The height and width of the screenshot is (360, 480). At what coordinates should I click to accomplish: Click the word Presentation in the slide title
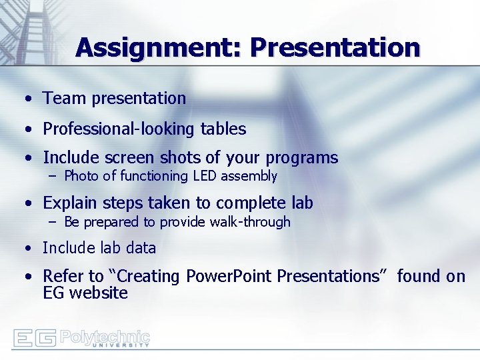[x=335, y=48]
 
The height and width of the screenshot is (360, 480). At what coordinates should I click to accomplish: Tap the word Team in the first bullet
[x=65, y=99]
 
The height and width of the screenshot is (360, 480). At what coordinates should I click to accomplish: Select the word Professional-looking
[x=119, y=129]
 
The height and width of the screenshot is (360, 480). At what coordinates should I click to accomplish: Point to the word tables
[x=223, y=129]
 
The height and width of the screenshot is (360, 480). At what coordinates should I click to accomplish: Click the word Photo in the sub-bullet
[x=80, y=176]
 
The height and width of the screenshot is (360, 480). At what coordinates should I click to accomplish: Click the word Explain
[x=70, y=203]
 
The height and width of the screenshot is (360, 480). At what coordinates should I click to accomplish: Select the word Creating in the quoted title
[x=151, y=276]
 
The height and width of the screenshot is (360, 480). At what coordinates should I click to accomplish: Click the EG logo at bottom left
[x=35, y=338]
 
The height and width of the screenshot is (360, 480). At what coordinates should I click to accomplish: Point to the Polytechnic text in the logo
[x=105, y=335]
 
